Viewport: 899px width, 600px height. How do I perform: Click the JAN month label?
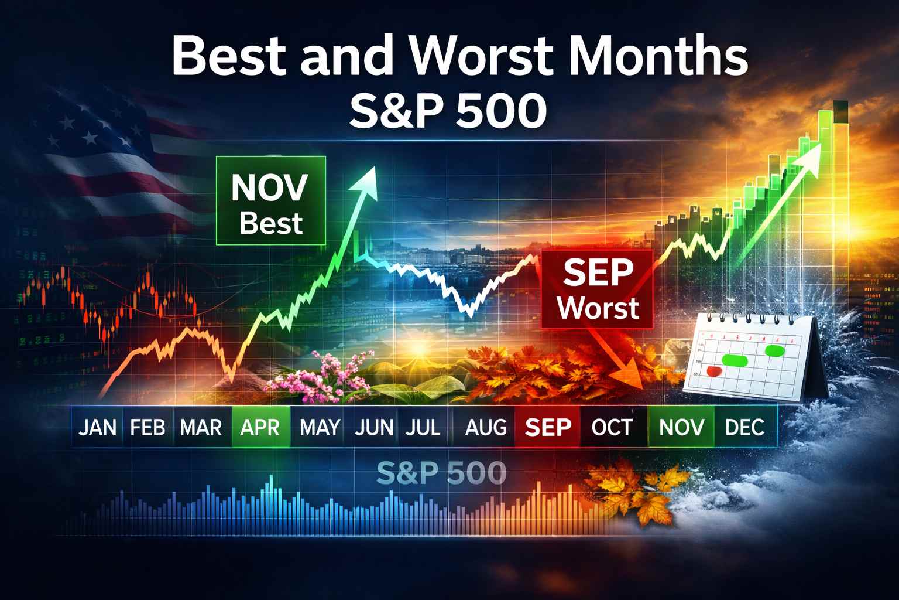coord(97,427)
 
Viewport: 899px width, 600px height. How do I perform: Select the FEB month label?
coord(147,427)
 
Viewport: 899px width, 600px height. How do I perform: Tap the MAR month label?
coord(201,427)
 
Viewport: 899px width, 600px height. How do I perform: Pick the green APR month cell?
coord(260,427)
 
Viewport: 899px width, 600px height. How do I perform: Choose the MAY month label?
coord(320,427)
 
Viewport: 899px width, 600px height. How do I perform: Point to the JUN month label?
coord(374,427)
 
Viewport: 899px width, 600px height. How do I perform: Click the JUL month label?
coord(422,427)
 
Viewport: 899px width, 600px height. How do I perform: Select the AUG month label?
coord(486,427)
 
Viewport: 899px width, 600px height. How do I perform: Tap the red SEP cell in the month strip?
coord(548,427)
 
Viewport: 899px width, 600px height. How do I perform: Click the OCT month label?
coord(612,427)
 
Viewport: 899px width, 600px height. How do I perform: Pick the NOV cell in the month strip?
coord(682,427)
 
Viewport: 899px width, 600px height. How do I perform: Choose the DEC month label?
coord(744,427)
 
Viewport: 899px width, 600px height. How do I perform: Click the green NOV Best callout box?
coord(270,200)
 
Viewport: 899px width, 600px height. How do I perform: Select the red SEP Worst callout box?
coord(598,289)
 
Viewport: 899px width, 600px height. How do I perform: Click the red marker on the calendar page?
coord(713,371)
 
